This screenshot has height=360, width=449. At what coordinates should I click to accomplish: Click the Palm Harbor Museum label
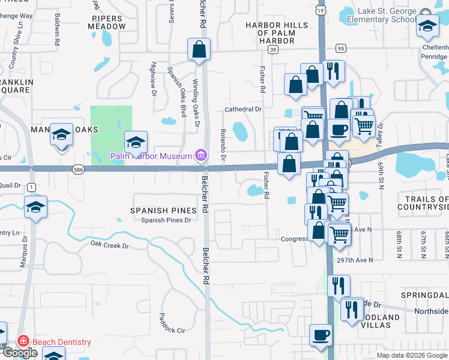(x=151, y=157)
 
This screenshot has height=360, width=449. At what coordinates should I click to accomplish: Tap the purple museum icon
(x=201, y=157)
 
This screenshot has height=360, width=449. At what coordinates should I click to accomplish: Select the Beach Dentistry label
(x=61, y=342)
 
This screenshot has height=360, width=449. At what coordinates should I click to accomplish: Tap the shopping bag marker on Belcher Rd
(x=199, y=50)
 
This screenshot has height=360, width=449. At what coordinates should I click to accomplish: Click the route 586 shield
(x=77, y=171)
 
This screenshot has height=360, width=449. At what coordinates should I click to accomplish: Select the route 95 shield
(x=340, y=48)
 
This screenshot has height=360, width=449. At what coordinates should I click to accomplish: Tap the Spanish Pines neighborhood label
(x=164, y=211)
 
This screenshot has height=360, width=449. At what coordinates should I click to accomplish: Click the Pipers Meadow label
(x=109, y=23)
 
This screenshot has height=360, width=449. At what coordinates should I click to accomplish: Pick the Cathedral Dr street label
(x=243, y=109)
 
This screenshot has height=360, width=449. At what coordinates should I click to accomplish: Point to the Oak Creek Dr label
(x=109, y=245)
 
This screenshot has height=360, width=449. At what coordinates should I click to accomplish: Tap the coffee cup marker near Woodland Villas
(x=320, y=335)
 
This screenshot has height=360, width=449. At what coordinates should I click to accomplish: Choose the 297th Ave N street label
(x=354, y=260)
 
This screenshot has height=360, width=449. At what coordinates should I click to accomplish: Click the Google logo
(x=20, y=353)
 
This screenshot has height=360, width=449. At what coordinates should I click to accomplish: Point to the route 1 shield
(x=31, y=188)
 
